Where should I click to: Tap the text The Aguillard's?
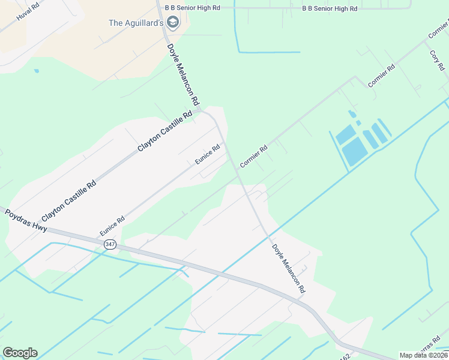tap(136, 23)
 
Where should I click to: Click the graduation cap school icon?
tap(173, 23)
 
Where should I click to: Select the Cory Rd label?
tap(436, 59)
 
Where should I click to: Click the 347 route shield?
tap(110, 244)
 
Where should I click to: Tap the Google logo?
tap(20, 353)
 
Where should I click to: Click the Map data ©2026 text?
tap(423, 355)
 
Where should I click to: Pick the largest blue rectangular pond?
tap(355, 151)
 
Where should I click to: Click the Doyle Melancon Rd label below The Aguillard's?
tap(182, 74)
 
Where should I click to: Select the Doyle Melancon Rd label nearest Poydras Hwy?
tap(288, 268)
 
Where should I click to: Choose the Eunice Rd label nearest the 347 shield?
tap(112, 226)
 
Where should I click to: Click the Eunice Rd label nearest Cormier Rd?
tap(208, 154)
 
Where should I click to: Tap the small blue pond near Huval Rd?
tap(37, 71)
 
